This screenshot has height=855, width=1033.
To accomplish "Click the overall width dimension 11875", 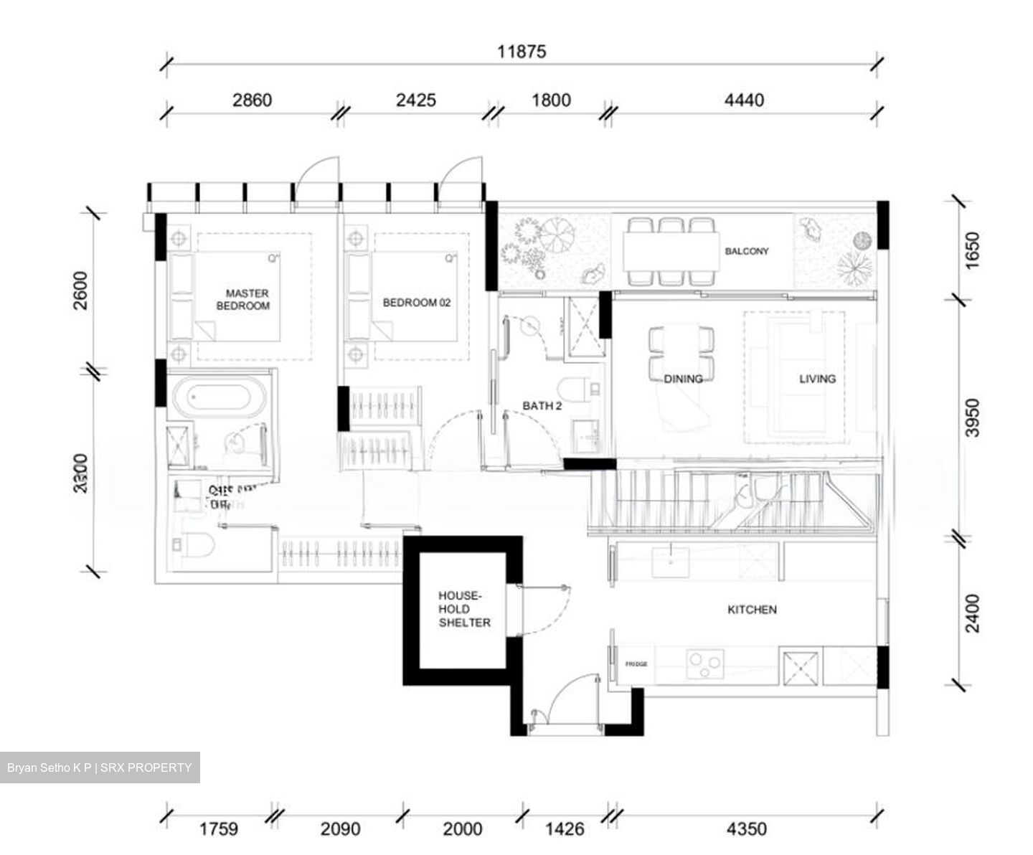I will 522,52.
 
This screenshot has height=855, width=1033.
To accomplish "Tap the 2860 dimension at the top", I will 252,100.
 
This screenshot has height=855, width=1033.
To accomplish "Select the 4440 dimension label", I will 744,100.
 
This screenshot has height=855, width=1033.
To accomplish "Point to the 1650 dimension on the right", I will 971,250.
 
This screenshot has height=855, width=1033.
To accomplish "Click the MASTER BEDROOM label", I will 247,299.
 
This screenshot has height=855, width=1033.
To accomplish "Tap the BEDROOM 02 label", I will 416,303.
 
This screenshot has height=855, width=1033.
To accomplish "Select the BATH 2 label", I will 542,406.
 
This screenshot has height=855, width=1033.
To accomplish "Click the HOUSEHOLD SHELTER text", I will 464,609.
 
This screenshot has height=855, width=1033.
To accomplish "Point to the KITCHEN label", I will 752,610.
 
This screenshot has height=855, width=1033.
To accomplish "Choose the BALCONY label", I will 746,251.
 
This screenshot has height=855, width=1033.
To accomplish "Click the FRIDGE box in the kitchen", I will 636,664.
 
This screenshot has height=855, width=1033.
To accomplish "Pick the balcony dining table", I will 671,250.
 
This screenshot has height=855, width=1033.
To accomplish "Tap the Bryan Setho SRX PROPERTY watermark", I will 100,767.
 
